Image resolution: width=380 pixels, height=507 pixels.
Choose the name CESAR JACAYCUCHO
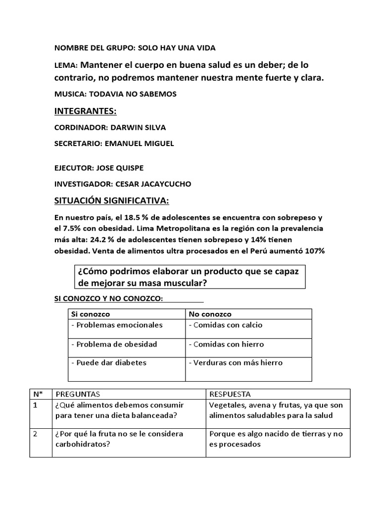[x=153, y=184]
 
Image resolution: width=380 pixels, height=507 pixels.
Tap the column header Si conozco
[x=91, y=314]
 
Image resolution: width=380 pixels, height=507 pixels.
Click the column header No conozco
[x=210, y=314]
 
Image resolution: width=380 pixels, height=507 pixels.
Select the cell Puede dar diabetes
[x=109, y=362]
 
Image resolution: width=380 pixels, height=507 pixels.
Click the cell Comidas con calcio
[x=226, y=325]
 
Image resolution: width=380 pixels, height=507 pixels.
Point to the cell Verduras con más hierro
[x=236, y=362]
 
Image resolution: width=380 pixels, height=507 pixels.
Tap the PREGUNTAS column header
[x=78, y=394]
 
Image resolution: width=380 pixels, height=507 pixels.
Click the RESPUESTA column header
[x=230, y=394]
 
